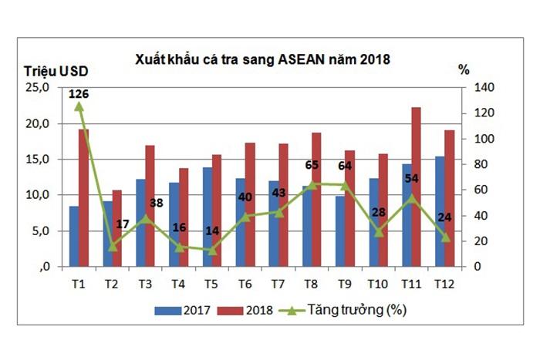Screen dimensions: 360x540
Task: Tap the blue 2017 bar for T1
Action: tap(73, 236)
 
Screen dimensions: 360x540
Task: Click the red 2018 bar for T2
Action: tap(116, 228)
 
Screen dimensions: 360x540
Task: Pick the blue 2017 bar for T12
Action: tap(439, 211)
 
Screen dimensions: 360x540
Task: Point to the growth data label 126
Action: tap(79, 95)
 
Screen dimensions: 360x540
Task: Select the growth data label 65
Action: tap(312, 164)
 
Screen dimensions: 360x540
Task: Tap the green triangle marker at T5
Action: tap(212, 249)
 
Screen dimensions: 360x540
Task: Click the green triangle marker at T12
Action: tap(444, 237)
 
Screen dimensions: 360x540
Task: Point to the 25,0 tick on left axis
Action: tap(37, 88)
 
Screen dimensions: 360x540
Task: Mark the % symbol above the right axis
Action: tap(464, 70)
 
